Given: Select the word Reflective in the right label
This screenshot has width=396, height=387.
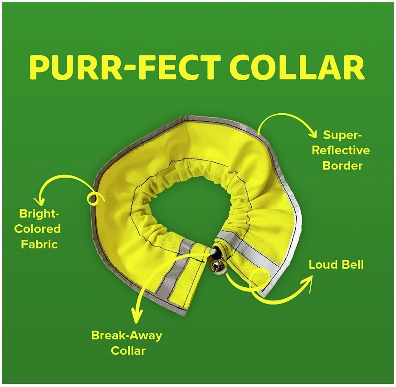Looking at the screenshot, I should pyautogui.click(x=340, y=150).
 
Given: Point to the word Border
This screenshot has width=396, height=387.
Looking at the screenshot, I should pyautogui.click(x=342, y=165).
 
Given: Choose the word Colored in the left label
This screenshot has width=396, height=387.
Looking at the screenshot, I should pyautogui.click(x=37, y=228).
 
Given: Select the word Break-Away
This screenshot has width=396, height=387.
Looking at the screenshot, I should pyautogui.click(x=127, y=336).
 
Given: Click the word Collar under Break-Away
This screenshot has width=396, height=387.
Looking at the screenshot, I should pyautogui.click(x=128, y=351).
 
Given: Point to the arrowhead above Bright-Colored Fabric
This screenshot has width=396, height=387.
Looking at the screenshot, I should pyautogui.click(x=42, y=199).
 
